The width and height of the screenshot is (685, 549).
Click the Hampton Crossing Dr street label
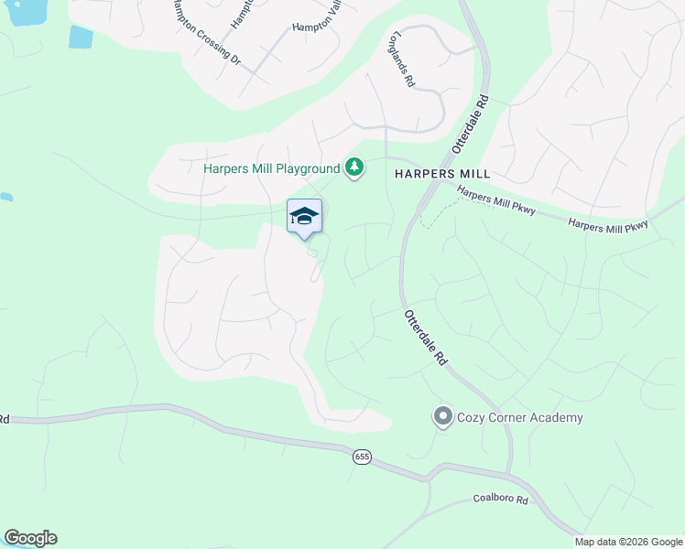tap(204, 33)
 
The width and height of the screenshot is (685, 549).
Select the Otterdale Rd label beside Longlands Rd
tap(470, 125)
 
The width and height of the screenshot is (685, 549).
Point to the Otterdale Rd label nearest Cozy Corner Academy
tap(425, 338)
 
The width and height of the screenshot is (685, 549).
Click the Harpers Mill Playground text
tap(271, 168)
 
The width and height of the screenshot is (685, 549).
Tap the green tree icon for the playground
tap(354, 167)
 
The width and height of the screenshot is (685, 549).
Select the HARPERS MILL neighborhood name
tap(442, 173)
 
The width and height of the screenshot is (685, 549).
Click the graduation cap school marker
tap(304, 217)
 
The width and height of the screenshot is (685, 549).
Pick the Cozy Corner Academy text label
tap(521, 418)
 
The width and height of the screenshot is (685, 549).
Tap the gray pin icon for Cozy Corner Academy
tap(443, 417)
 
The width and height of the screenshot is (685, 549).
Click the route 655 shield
tap(360, 457)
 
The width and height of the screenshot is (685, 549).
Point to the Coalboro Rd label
tap(501, 500)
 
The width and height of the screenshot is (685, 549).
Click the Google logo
tap(30, 538)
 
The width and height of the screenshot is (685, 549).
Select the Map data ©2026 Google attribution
tap(628, 542)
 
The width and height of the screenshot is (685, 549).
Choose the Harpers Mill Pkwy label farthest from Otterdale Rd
tap(608, 224)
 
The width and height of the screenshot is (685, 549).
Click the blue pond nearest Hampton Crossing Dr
tap(81, 37)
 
